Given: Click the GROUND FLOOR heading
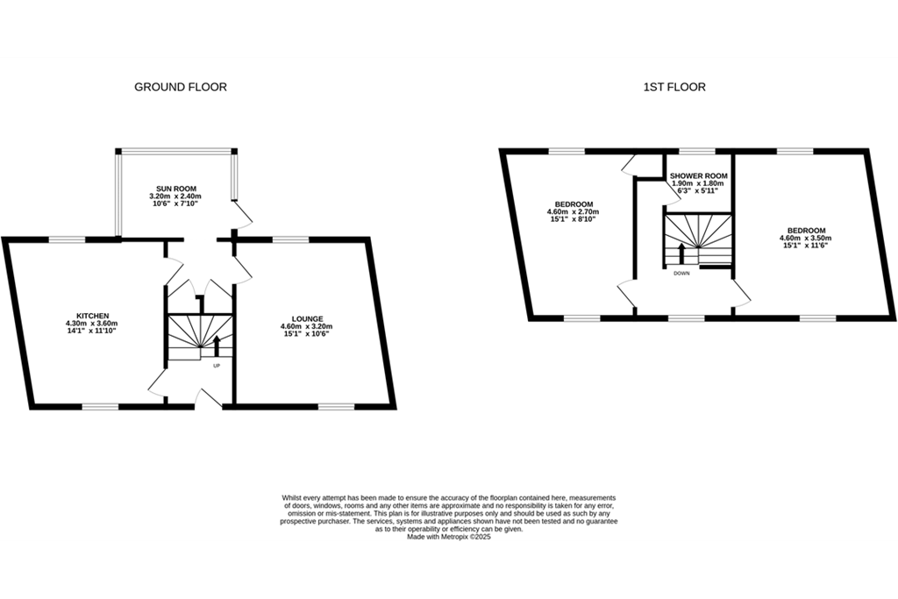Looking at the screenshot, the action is tap(181, 87).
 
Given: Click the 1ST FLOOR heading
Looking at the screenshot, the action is tap(674, 87).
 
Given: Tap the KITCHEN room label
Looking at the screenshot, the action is tap(93, 316).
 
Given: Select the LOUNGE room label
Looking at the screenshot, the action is tap(308, 319).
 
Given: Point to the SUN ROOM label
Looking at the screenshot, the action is tap(176, 189).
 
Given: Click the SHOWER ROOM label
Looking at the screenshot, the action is tap(699, 175).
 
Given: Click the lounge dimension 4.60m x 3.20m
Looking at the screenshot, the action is tap(307, 326).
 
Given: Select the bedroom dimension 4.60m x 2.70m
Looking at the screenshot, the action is tap(574, 211).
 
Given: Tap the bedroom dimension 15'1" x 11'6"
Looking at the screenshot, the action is tap(805, 245).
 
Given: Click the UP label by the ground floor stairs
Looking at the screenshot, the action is tap(217, 366).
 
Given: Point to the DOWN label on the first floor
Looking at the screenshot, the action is tap(681, 273).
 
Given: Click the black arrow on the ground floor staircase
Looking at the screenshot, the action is tap(217, 346).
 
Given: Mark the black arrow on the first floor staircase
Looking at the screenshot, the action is tap(681, 254).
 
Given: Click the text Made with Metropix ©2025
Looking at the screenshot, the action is tap(449, 537).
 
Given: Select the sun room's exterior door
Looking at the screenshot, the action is tap(243, 215).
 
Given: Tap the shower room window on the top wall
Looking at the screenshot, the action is tap(697, 151).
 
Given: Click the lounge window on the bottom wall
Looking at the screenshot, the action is tap(336, 407).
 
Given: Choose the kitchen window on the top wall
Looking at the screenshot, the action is tap(67, 239).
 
